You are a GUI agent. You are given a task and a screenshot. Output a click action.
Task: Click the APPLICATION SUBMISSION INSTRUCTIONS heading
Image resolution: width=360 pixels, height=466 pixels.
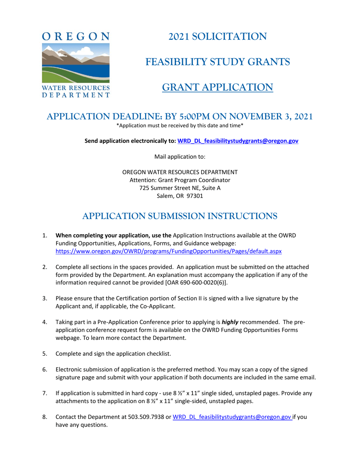180,216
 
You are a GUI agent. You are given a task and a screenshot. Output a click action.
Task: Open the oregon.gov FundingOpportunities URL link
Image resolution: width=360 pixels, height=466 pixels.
169,251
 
